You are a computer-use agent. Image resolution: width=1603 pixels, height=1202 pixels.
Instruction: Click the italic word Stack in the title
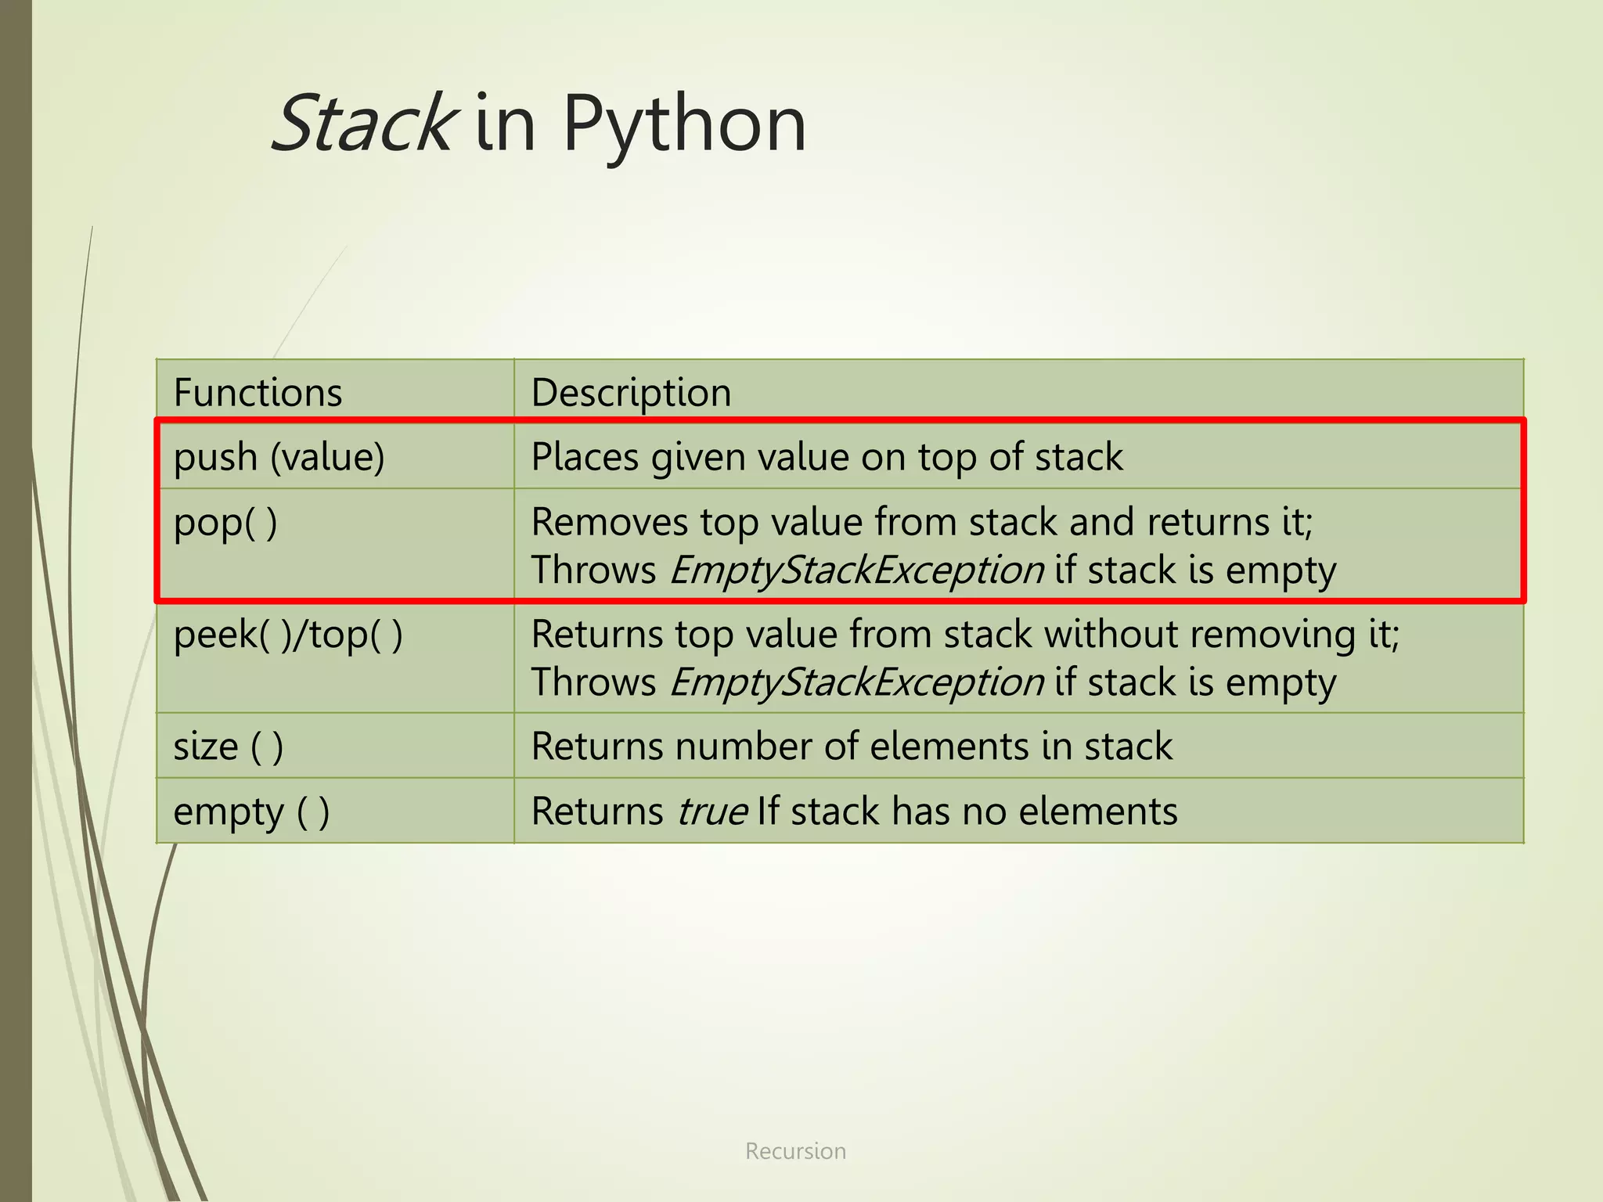362,124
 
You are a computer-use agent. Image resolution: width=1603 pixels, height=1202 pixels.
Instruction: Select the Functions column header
258,392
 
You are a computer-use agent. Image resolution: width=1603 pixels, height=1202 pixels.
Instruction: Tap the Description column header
631,392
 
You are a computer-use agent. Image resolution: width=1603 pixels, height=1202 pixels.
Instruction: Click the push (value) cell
279,457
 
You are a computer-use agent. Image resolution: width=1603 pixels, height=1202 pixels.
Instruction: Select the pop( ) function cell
225,522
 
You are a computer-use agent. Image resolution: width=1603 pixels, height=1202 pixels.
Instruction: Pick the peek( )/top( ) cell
288,634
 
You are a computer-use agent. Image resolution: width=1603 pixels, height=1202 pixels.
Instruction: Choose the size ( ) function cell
228,746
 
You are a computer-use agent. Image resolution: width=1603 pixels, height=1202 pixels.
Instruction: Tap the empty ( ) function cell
251,812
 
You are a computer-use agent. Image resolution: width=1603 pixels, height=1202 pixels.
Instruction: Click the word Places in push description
585,457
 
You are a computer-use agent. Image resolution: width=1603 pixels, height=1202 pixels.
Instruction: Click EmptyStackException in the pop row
857,570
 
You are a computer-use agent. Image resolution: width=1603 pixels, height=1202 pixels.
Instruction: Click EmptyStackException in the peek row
857,682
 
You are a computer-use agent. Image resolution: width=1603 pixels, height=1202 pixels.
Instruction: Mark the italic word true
711,812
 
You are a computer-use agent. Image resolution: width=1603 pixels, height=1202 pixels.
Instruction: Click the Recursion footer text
795,1151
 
